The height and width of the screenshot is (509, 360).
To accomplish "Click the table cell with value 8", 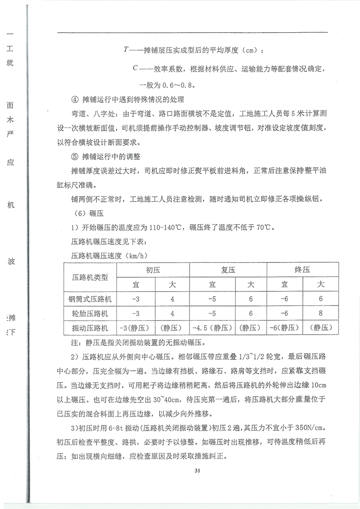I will pyautogui.click(x=321, y=313).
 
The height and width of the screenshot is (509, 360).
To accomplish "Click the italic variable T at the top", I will pyautogui.click(x=126, y=49).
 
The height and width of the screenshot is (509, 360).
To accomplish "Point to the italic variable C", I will pyautogui.click(x=135, y=68).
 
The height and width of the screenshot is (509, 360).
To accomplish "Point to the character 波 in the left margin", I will pyautogui.click(x=11, y=262).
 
